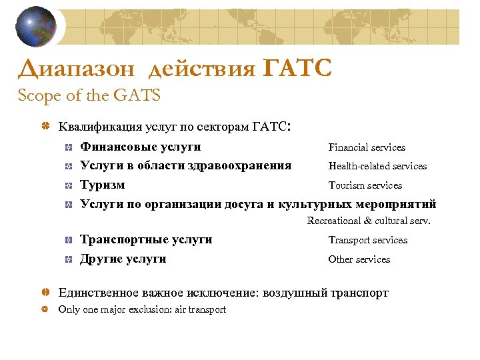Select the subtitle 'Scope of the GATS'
point(89,96)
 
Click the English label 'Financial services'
point(367,147)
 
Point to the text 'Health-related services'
point(377,166)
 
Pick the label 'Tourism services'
point(365,185)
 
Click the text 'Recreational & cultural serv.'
point(369,221)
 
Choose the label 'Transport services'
point(367,240)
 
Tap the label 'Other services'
point(359,259)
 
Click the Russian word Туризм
point(102,185)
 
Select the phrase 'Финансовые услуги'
point(141,147)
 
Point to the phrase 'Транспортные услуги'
point(146,239)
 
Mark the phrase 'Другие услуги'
point(123,259)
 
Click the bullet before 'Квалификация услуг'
point(45,126)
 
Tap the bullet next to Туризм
point(69,185)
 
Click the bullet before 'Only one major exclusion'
point(45,309)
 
